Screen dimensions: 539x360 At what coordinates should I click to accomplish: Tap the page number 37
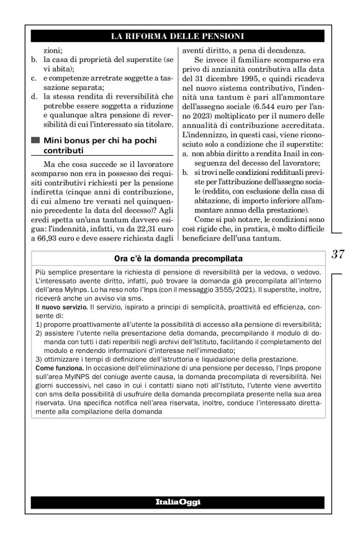(338, 254)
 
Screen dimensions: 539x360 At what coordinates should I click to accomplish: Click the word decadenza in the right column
(287, 51)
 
